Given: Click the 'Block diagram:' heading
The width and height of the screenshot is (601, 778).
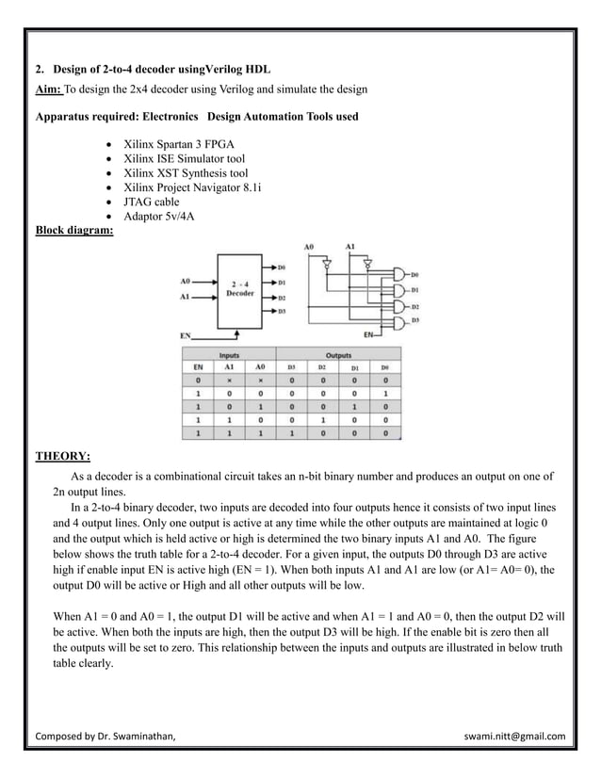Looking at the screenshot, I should pos(73,229).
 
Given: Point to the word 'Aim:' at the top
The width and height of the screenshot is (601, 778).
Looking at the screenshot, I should pos(48,89).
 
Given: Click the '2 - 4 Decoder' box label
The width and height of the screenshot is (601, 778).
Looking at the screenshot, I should pos(240,287).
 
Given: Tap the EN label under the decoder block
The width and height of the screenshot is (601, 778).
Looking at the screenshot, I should pos(186,334).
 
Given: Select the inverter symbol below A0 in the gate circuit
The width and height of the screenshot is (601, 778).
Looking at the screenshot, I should pos(327,266).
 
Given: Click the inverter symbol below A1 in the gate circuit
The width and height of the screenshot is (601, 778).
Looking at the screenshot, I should pos(367,266).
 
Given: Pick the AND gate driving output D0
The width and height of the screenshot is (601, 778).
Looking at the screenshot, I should pos(399,275).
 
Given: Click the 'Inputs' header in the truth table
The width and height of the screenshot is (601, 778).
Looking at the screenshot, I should pos(229,355).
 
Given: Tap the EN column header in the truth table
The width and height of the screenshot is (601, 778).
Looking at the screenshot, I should pos(198,366).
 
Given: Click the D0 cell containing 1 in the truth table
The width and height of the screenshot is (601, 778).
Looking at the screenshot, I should pos(385,394).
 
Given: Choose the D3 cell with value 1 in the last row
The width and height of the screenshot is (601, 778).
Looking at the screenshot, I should pos(292,433).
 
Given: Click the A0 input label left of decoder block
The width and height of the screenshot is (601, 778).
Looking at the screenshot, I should pos(185,281).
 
